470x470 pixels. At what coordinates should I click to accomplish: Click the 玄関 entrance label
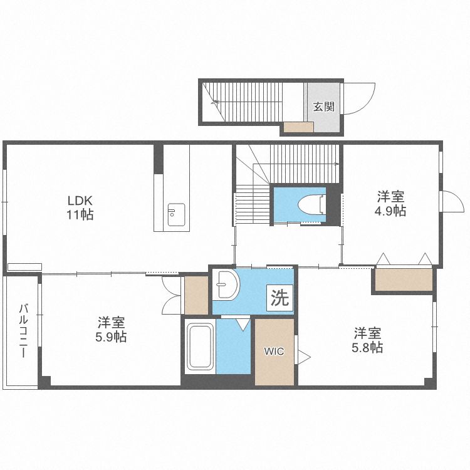324,107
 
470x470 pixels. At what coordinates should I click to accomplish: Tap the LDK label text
80,201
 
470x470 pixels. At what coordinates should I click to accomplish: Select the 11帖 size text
80,214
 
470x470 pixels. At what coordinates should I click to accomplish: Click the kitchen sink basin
176,214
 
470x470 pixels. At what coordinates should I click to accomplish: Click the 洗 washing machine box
280,298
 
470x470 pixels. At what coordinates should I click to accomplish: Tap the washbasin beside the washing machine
227,285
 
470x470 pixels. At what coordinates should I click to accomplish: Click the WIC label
274,351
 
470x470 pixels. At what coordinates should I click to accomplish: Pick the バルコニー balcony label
23,331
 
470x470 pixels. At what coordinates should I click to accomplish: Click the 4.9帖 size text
390,211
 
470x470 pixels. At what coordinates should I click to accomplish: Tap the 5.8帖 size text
367,348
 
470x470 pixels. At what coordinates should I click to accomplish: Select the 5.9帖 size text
111,337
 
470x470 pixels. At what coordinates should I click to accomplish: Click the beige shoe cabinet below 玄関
298,127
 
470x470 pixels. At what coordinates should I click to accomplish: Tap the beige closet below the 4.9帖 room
404,279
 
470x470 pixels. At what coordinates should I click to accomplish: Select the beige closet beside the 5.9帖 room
196,295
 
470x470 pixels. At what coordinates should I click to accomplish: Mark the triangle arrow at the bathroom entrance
243,325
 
